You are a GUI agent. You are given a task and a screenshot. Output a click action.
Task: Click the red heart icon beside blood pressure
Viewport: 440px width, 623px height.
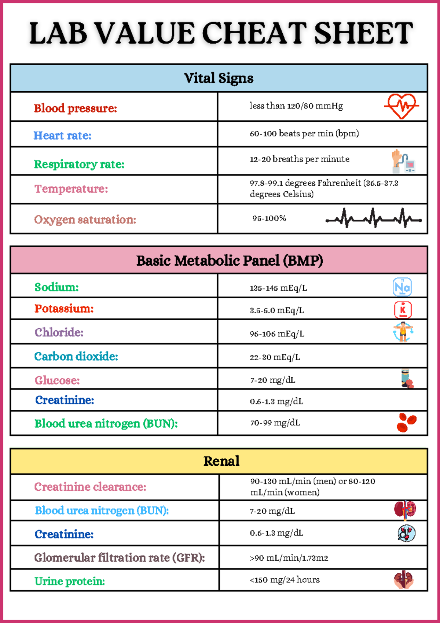401,106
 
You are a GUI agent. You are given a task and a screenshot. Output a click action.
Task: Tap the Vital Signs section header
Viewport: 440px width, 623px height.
219,78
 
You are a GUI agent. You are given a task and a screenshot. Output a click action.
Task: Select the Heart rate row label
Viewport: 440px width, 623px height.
63,136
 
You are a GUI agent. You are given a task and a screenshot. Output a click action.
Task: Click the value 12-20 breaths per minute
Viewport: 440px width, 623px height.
300,159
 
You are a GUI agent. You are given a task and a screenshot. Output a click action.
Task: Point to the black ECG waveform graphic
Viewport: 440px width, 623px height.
374,218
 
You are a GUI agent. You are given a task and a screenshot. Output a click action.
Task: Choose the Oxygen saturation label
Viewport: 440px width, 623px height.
85,220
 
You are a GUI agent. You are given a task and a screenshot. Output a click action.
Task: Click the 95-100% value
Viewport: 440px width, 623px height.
269,218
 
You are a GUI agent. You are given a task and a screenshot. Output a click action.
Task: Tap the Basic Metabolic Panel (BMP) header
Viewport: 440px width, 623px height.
230,261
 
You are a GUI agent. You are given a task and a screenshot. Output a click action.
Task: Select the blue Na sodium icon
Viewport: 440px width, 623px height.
402,287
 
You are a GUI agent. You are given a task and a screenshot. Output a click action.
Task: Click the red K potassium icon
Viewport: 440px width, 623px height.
403,310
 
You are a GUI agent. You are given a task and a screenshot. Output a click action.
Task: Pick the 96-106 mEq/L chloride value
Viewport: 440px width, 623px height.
277,334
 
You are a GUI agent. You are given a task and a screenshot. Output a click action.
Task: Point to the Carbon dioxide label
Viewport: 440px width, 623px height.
76,356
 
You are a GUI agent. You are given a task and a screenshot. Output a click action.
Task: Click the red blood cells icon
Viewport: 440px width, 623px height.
406,423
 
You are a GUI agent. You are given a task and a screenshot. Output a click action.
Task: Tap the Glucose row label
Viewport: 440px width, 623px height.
57,380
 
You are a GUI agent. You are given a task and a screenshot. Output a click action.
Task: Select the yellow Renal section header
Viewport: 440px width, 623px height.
221,461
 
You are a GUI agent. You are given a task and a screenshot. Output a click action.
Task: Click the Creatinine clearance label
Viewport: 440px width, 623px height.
90,487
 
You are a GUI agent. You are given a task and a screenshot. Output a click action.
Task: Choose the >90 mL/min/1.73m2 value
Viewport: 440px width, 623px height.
289,558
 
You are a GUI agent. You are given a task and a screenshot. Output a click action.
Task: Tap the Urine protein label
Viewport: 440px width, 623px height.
70,581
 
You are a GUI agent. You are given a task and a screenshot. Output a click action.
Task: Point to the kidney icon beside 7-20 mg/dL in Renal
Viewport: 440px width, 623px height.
405,510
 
